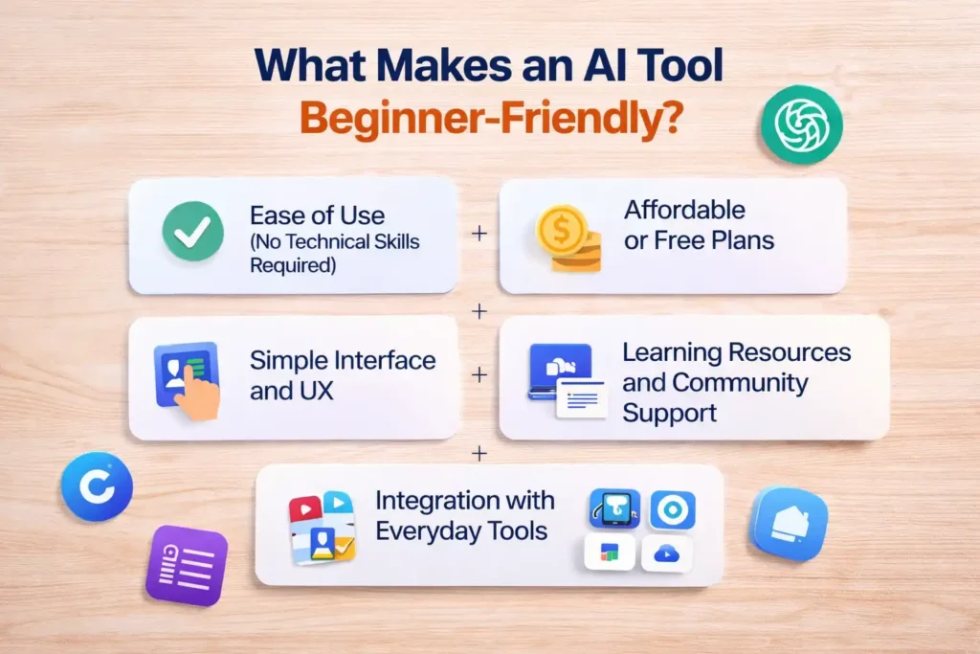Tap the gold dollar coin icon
click(x=562, y=234)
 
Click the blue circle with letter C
click(x=97, y=486)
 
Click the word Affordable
click(x=684, y=210)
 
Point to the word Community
click(x=740, y=383)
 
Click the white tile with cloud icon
click(x=666, y=553)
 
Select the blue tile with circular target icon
click(x=672, y=510)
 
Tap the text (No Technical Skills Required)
click(x=334, y=253)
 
